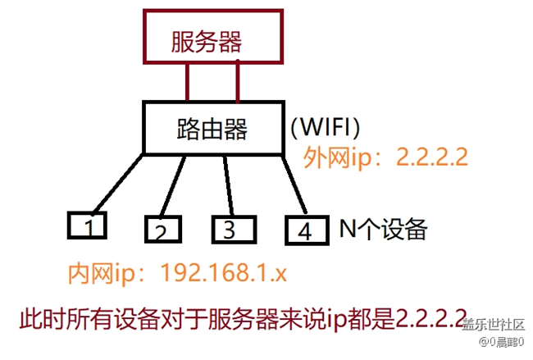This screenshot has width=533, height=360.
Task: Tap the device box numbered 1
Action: pyautogui.click(x=90, y=224)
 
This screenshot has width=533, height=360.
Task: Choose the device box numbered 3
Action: pyautogui.click(x=233, y=229)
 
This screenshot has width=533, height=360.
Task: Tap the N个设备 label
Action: pyautogui.click(x=384, y=230)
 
